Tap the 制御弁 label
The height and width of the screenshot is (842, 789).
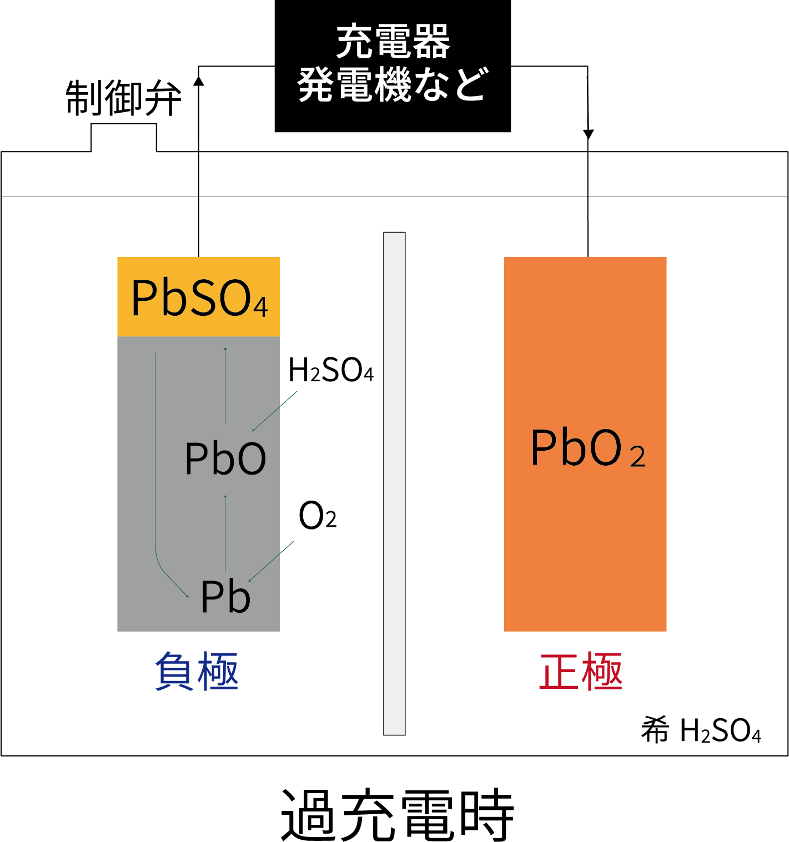(123, 98)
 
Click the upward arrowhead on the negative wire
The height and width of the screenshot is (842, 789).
(198, 81)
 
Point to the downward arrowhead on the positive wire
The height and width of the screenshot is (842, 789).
(588, 134)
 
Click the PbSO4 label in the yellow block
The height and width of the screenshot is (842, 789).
(199, 299)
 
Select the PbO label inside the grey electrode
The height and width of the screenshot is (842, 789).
(225, 458)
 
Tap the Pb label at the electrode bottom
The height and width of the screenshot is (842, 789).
(225, 597)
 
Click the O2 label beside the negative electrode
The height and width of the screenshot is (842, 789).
(317, 516)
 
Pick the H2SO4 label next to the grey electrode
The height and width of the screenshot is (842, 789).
(331, 370)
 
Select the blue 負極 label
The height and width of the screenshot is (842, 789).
(197, 672)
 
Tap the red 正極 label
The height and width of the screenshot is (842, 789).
(580, 672)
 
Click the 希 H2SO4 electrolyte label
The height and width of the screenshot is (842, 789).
(701, 730)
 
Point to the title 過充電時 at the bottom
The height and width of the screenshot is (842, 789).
(397, 814)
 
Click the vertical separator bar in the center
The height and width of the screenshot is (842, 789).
(394, 483)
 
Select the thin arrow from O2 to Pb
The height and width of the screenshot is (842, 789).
(272, 561)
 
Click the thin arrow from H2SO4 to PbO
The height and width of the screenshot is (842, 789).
(275, 411)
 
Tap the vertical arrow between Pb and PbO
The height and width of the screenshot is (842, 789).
(225, 533)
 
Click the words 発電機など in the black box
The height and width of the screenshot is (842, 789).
(393, 85)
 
